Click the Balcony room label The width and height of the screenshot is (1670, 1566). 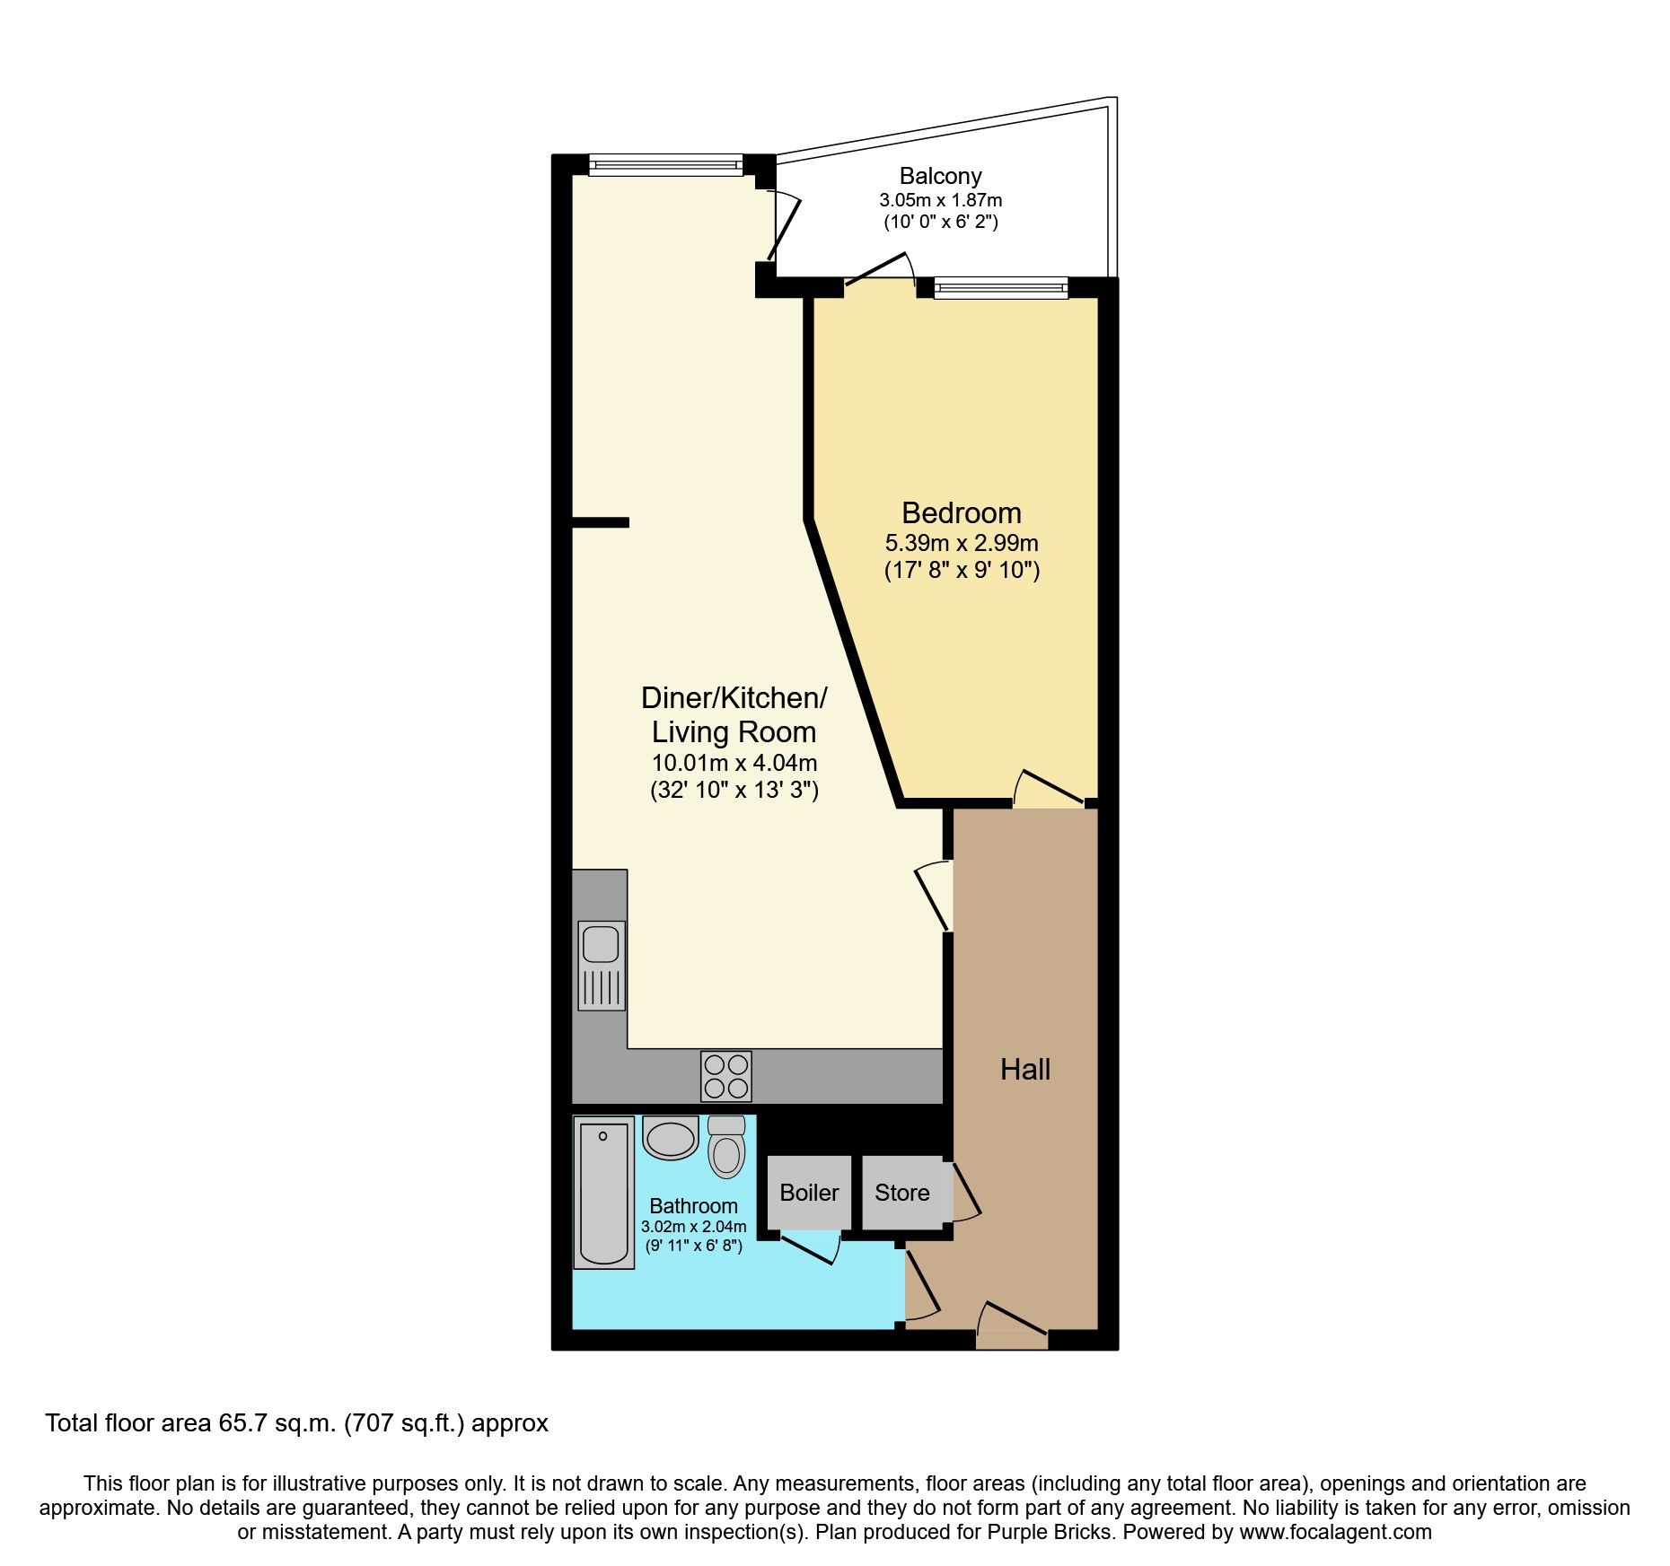(x=940, y=176)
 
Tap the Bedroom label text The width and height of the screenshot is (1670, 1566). (x=961, y=513)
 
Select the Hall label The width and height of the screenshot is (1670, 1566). (x=1024, y=1070)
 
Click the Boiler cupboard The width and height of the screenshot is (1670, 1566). (x=809, y=1193)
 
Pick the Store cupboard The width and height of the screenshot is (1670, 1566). (x=901, y=1193)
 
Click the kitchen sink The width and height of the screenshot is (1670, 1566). (x=601, y=965)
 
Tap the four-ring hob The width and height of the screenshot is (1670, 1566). (x=726, y=1076)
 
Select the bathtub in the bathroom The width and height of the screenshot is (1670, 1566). (x=603, y=1192)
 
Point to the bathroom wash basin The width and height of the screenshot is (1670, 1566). (x=671, y=1139)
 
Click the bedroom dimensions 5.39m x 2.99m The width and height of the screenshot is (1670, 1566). (x=961, y=543)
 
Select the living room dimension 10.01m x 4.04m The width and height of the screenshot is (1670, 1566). (x=734, y=764)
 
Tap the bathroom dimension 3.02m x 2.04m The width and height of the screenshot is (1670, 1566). (x=693, y=1227)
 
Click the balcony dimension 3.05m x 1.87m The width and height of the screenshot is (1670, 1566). (x=940, y=200)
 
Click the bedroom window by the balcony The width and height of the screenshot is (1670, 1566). (x=1000, y=287)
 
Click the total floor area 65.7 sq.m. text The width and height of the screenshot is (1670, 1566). (x=296, y=1423)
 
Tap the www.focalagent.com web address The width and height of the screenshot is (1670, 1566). (x=1335, y=1532)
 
